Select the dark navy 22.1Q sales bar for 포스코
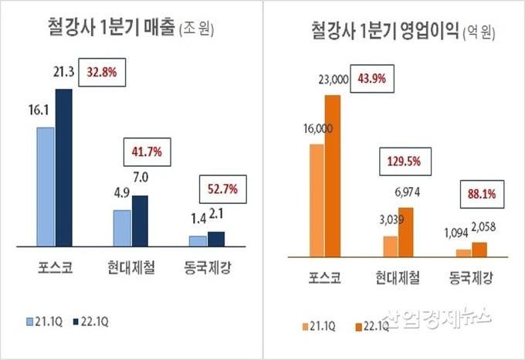63,166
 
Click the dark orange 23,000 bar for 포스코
333,175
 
